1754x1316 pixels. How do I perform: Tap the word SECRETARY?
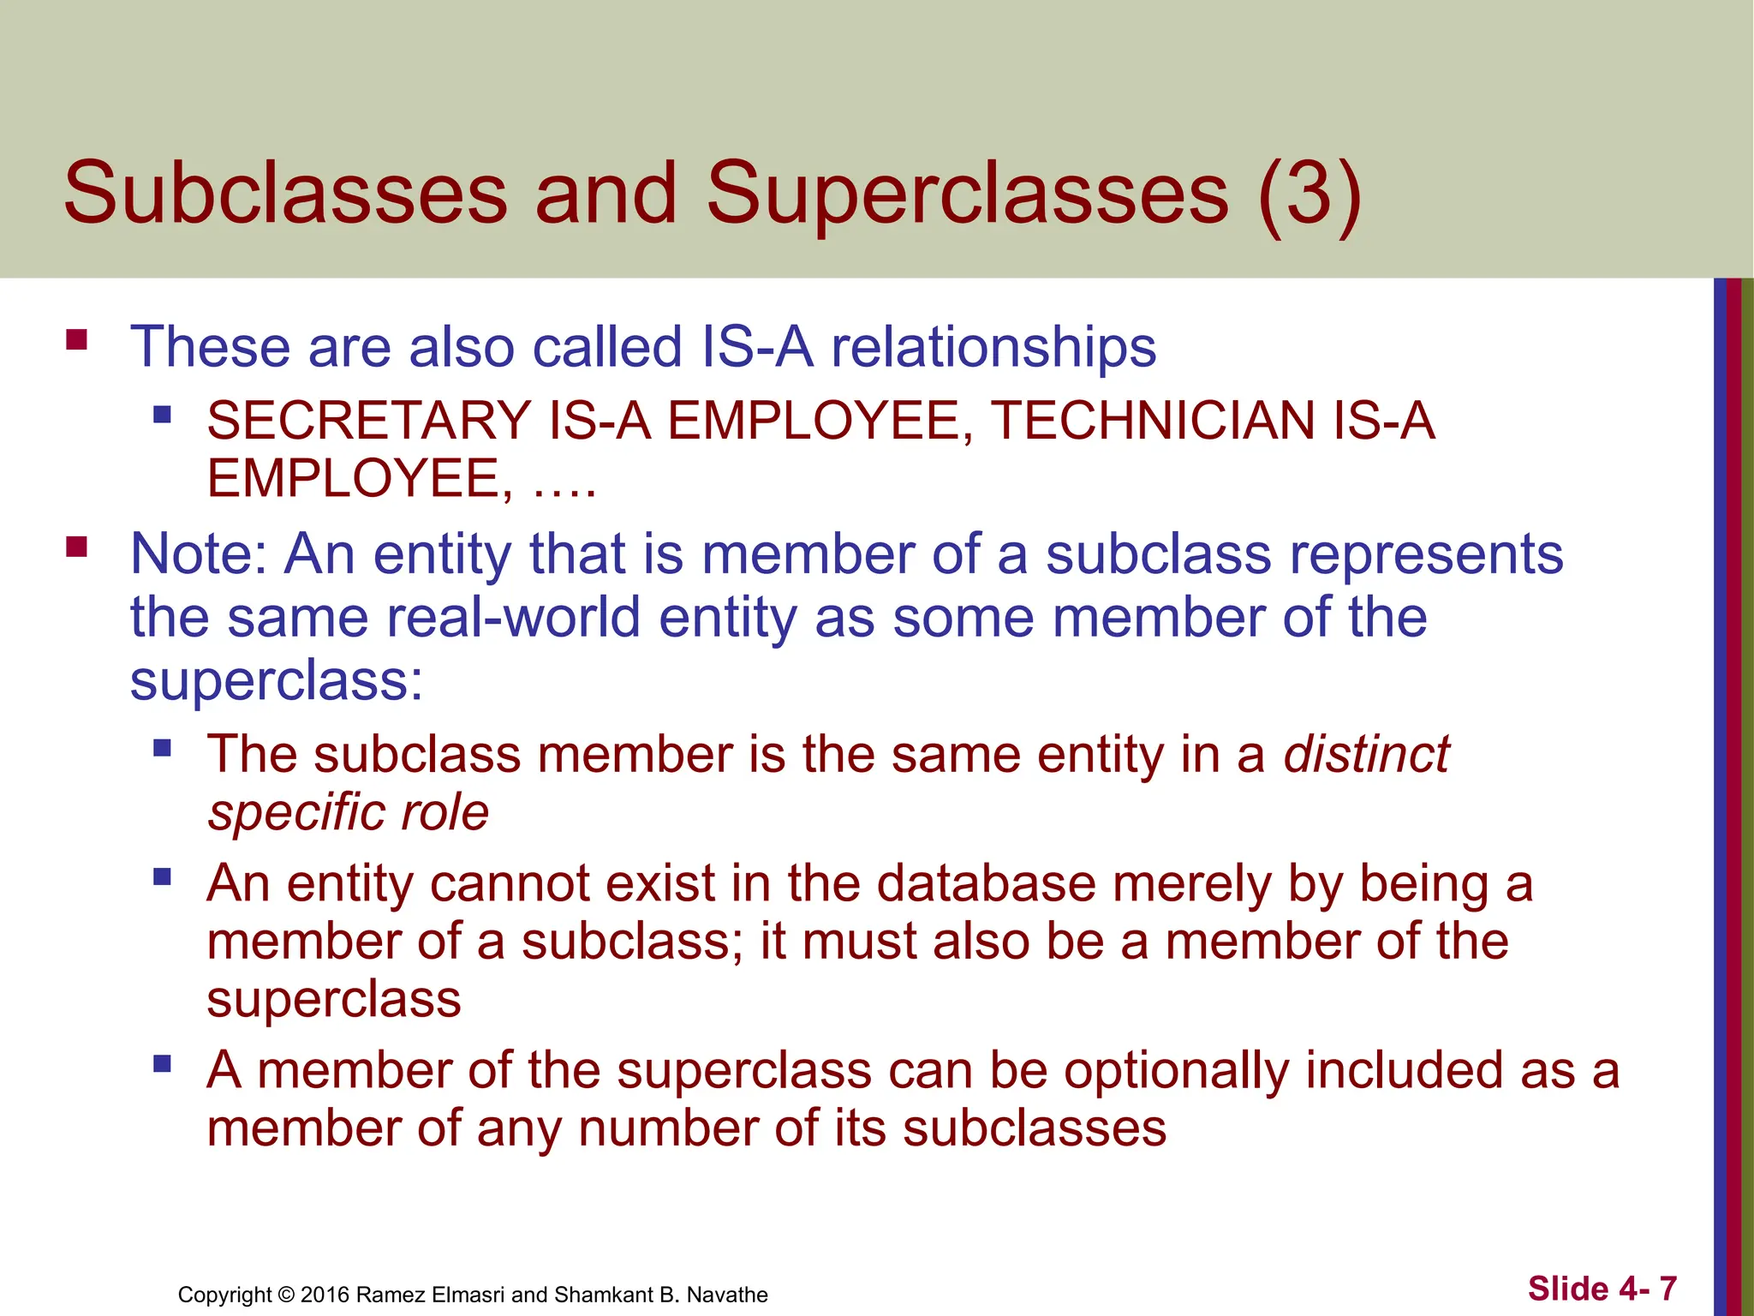coord(369,421)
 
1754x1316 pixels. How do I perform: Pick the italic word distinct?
coord(1365,754)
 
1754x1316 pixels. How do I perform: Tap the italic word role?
coord(446,812)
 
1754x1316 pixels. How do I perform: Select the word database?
coord(987,883)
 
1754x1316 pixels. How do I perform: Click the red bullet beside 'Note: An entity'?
coord(77,547)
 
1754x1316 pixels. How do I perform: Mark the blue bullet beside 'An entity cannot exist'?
coord(162,877)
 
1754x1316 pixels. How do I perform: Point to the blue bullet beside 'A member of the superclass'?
coord(162,1065)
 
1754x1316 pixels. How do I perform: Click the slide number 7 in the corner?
coord(1667,1289)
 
